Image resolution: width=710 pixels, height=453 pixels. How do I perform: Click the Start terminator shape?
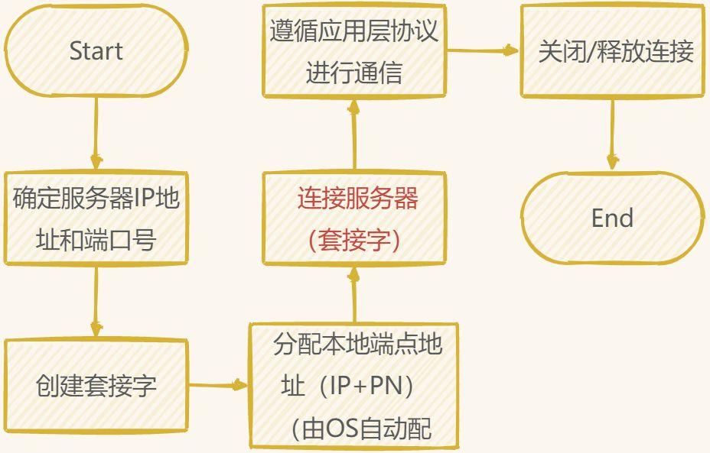pyautogui.click(x=96, y=51)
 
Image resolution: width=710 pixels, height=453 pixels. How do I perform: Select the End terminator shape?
pyautogui.click(x=612, y=218)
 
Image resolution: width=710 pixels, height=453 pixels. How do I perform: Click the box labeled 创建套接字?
pyautogui.click(x=96, y=385)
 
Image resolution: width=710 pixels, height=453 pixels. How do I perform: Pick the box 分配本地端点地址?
pyautogui.click(x=353, y=386)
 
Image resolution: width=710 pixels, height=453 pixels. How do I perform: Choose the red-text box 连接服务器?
pyautogui.click(x=353, y=218)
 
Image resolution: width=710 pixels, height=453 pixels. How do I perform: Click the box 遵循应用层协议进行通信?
pyautogui.click(x=353, y=51)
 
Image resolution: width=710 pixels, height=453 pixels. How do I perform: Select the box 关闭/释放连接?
pyautogui.click(x=612, y=51)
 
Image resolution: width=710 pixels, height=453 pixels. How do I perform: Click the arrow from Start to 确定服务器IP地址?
pyautogui.click(x=96, y=134)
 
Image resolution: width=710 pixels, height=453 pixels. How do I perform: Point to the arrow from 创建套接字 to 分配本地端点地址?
pyautogui.click(x=218, y=386)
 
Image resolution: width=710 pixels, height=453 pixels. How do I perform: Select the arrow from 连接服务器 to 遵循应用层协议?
pyautogui.click(x=354, y=134)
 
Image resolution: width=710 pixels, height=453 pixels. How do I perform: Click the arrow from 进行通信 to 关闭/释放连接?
pyautogui.click(x=483, y=51)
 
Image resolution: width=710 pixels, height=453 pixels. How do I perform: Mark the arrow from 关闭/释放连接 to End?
pyautogui.click(x=612, y=134)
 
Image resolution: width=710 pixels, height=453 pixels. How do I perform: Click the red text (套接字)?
pyautogui.click(x=353, y=239)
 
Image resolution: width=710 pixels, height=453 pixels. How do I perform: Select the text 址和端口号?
pyautogui.click(x=96, y=240)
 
